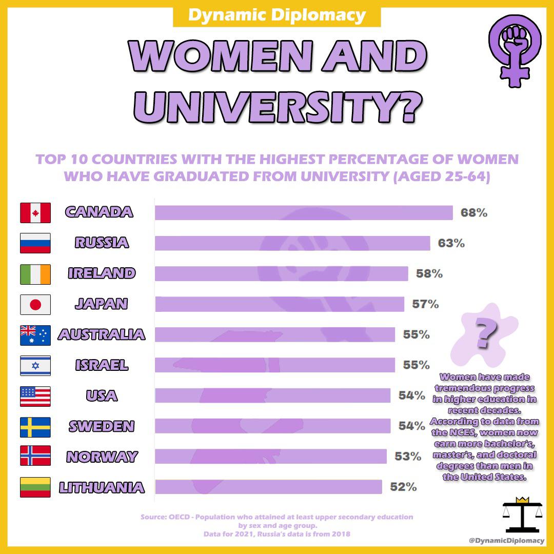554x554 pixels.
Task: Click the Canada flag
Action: [x=35, y=212]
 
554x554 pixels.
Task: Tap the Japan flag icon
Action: [x=35, y=304]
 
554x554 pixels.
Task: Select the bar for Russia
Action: [x=292, y=243]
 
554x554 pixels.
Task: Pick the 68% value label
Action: [x=473, y=212]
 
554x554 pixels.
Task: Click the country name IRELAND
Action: [x=102, y=273]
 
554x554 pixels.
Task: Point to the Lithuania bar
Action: [x=268, y=487]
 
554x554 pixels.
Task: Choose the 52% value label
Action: [x=403, y=487]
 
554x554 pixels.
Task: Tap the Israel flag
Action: [x=35, y=365]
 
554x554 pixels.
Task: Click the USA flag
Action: [x=35, y=396]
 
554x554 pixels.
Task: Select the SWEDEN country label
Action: [x=102, y=426]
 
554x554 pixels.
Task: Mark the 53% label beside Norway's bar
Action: [x=408, y=456]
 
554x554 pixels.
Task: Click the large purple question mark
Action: [x=485, y=333]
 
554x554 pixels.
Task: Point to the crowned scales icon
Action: [x=521, y=514]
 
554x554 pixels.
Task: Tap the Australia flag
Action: [x=35, y=335]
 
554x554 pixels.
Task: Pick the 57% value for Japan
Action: [x=425, y=304]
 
